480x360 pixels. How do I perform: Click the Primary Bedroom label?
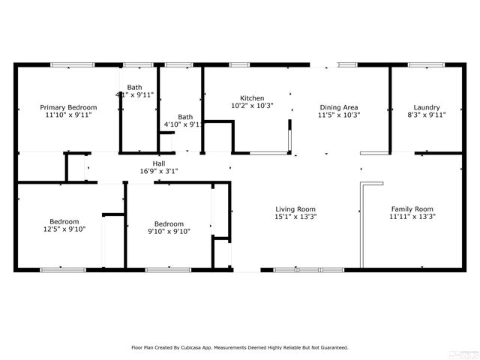click(68, 108)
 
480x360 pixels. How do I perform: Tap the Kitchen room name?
click(251, 98)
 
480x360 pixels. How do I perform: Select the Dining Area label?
click(339, 107)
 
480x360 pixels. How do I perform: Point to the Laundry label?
click(427, 107)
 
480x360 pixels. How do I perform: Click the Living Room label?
click(295, 209)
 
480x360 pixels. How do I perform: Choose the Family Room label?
click(412, 208)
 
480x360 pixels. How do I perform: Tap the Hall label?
click(159, 163)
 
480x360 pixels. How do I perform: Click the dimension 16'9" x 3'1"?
click(159, 171)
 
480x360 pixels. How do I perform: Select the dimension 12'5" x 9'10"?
click(64, 231)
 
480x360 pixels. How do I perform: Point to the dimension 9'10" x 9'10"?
click(169, 232)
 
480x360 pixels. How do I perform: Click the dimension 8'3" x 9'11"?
click(427, 115)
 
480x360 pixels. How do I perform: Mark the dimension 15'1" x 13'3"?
click(295, 217)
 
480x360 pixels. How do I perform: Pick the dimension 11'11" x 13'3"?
click(412, 217)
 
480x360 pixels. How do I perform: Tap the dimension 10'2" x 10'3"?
click(251, 106)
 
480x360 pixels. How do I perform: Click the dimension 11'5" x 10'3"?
click(339, 115)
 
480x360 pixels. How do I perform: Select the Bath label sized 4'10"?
click(185, 117)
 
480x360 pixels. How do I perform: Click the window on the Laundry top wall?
click(425, 65)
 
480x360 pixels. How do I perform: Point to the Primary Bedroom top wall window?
click(72, 65)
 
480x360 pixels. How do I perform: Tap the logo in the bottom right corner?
click(469, 351)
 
